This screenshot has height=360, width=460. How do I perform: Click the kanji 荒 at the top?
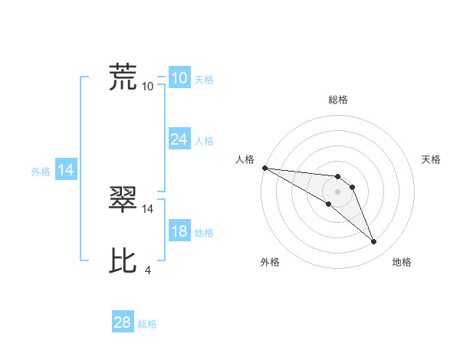tap(123, 77)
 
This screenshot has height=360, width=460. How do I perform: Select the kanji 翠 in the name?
tap(123, 200)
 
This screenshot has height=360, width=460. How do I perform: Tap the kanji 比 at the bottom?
tap(123, 261)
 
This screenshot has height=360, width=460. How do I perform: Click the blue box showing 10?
tap(179, 77)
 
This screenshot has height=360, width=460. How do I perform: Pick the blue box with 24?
tap(179, 139)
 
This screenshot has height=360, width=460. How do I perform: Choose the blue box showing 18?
tap(179, 231)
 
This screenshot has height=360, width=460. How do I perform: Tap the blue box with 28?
tap(122, 322)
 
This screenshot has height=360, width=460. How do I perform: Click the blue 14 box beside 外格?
tap(66, 170)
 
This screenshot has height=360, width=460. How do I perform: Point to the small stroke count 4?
tap(147, 270)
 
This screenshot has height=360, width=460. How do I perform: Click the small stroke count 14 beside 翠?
tap(148, 208)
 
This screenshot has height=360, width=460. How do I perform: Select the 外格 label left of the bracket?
tap(41, 172)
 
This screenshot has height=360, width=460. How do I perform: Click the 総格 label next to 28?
tap(147, 324)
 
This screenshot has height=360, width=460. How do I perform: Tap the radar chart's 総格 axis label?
tap(338, 100)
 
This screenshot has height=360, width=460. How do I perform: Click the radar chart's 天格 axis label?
tap(432, 159)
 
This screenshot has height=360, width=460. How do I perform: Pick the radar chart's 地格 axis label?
tap(402, 263)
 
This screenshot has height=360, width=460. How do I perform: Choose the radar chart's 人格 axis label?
tap(245, 159)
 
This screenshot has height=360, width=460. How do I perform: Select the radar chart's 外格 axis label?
tap(270, 263)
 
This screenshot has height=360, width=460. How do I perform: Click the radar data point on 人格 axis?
tap(264, 167)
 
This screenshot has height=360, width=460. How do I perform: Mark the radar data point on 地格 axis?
tap(374, 242)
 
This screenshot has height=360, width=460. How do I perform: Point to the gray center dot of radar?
tap(338, 191)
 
